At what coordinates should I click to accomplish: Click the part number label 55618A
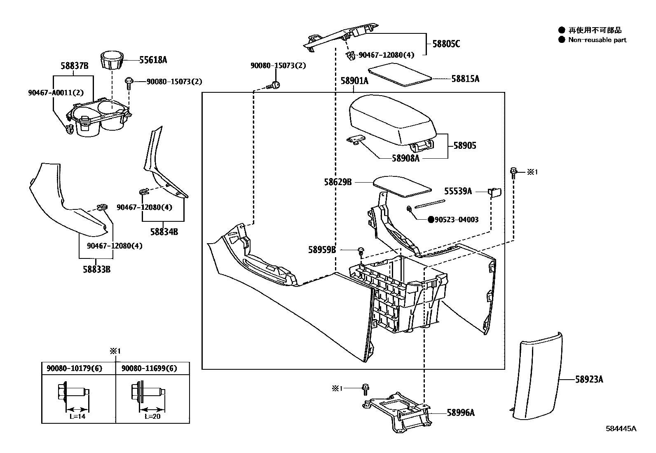(x=153, y=60)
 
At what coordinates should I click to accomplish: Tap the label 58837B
(x=75, y=66)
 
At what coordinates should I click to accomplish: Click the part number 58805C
(x=446, y=44)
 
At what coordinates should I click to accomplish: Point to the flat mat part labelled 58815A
(x=400, y=74)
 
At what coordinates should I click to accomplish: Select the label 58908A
(x=405, y=158)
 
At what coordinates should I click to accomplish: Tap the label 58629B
(x=337, y=181)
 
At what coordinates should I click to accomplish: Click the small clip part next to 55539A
(x=494, y=192)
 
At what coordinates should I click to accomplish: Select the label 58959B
(x=322, y=250)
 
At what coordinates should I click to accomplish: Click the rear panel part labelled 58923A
(x=536, y=377)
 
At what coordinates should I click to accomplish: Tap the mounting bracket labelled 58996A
(x=398, y=412)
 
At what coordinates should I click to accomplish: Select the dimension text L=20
(x=152, y=416)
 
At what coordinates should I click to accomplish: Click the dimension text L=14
(x=77, y=416)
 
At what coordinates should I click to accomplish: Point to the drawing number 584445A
(x=621, y=428)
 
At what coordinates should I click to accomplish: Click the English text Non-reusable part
(x=597, y=40)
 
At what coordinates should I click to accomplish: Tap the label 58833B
(x=96, y=270)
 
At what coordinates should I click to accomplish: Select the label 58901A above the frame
(x=354, y=81)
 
